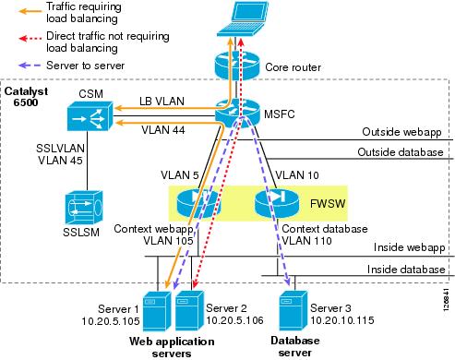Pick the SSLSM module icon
click(92, 204)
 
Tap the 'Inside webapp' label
click(412, 246)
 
